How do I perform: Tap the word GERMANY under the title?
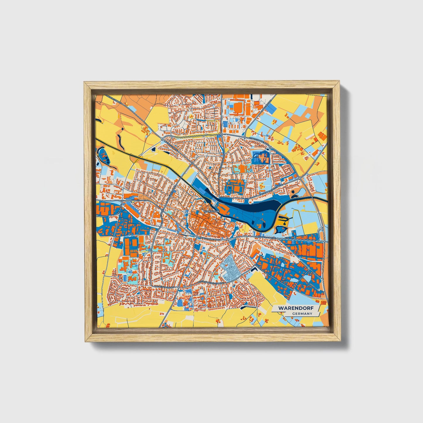(x=302, y=314)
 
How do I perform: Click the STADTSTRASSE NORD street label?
(x=258, y=141)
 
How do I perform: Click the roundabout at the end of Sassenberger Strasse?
(x=300, y=178)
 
